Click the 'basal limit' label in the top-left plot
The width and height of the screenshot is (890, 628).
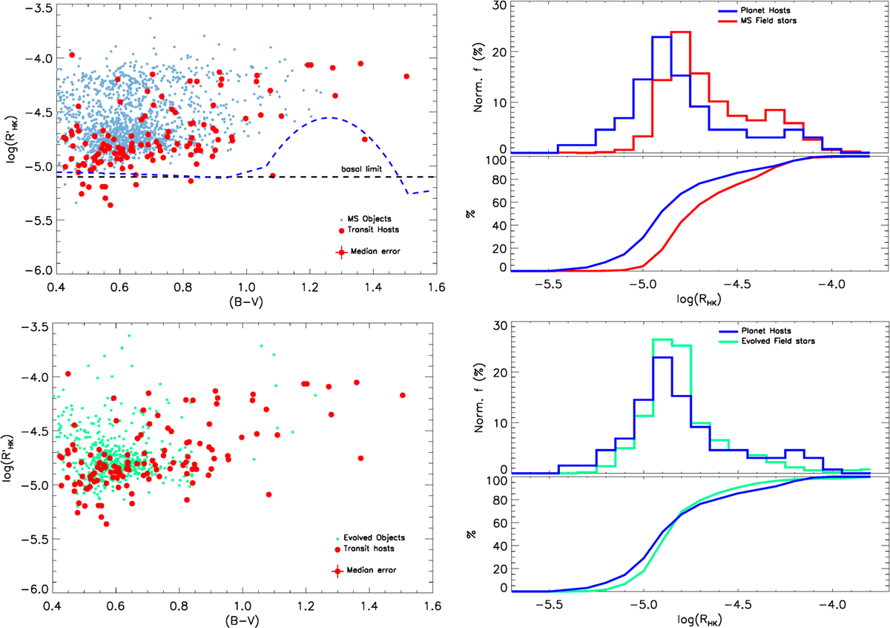[361, 170]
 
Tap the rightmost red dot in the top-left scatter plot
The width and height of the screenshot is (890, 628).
[406, 76]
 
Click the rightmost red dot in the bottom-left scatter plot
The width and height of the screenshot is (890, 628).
[403, 395]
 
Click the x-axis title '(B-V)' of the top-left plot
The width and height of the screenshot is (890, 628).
[244, 301]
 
